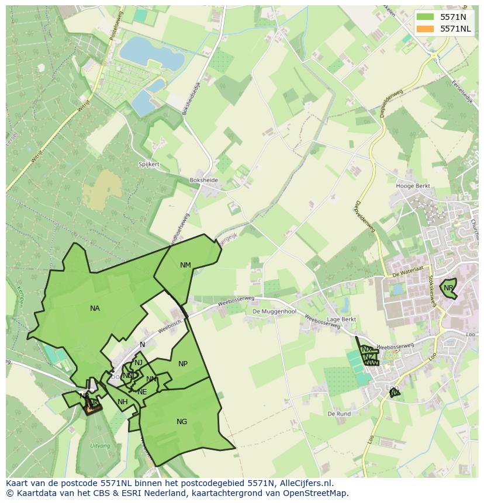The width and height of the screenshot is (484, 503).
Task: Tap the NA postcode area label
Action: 95,308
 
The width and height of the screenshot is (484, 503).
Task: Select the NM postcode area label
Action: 185,265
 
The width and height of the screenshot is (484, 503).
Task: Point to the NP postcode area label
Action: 183,364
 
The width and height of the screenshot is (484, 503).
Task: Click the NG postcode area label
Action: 182,422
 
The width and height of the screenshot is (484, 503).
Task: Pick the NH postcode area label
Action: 122,402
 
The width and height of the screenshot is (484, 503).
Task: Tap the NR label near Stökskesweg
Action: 448,288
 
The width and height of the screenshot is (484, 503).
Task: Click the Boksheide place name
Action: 204,181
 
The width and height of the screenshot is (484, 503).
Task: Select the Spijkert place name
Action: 149,165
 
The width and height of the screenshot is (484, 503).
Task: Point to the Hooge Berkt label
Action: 413,186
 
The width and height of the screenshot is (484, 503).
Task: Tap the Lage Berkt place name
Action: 342,320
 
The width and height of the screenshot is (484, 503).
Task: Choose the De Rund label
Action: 339,414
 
